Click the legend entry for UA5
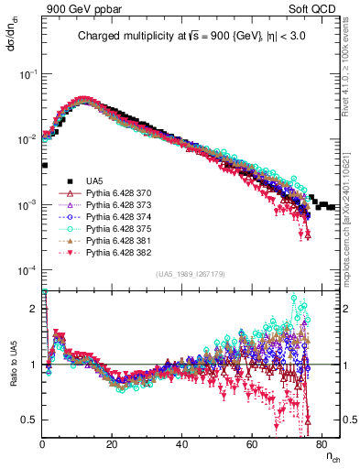click(95, 180)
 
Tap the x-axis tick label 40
click(182, 443)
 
